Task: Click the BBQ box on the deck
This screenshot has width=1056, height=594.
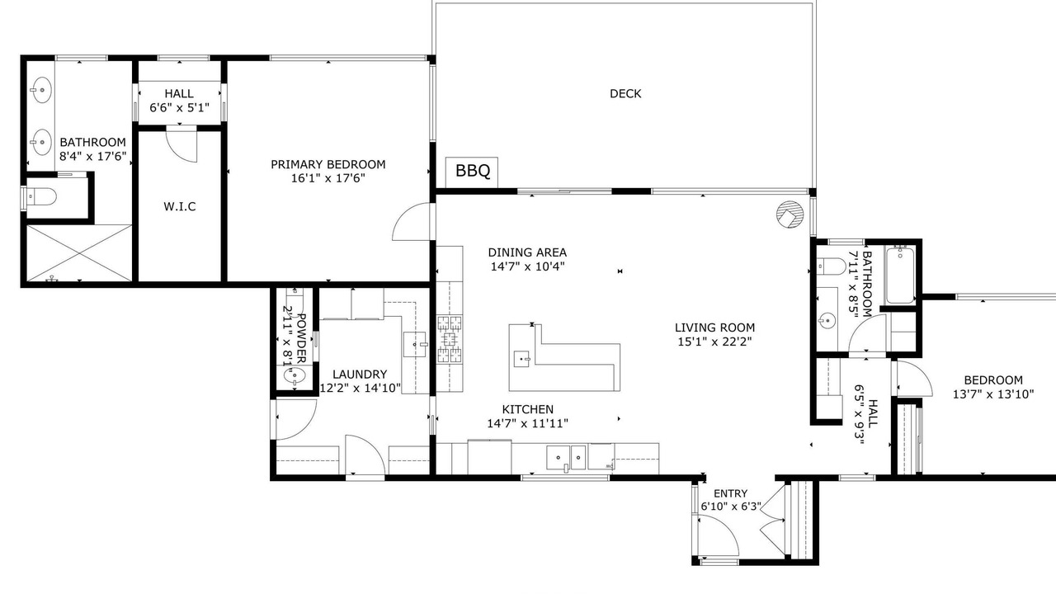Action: [x=472, y=172]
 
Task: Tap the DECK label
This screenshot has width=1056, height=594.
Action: [x=625, y=94]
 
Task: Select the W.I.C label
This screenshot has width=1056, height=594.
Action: [x=180, y=206]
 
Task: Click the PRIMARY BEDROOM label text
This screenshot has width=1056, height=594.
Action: [x=328, y=164]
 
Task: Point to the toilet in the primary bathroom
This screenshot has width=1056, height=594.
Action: [x=40, y=196]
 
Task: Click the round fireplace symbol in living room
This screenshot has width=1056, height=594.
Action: [x=790, y=214]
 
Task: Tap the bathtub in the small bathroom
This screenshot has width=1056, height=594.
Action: [x=900, y=275]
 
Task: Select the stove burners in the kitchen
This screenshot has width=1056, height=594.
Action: [x=450, y=339]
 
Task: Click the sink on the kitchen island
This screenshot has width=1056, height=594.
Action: [x=521, y=359]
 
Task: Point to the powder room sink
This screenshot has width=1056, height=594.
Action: [x=295, y=376]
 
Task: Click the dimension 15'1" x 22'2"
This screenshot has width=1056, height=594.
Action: [x=714, y=342]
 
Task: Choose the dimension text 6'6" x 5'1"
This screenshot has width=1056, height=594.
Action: [x=179, y=108]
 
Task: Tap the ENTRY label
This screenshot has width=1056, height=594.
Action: [x=730, y=493]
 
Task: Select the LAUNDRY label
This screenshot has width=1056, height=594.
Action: [x=360, y=375]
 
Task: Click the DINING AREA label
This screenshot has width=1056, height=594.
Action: [x=527, y=252]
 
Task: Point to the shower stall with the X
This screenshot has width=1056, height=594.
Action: [x=79, y=253]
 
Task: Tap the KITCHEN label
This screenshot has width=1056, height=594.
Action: [x=527, y=409]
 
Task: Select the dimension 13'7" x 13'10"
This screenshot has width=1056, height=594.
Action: [x=993, y=394]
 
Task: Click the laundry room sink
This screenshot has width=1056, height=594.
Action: [x=415, y=344]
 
